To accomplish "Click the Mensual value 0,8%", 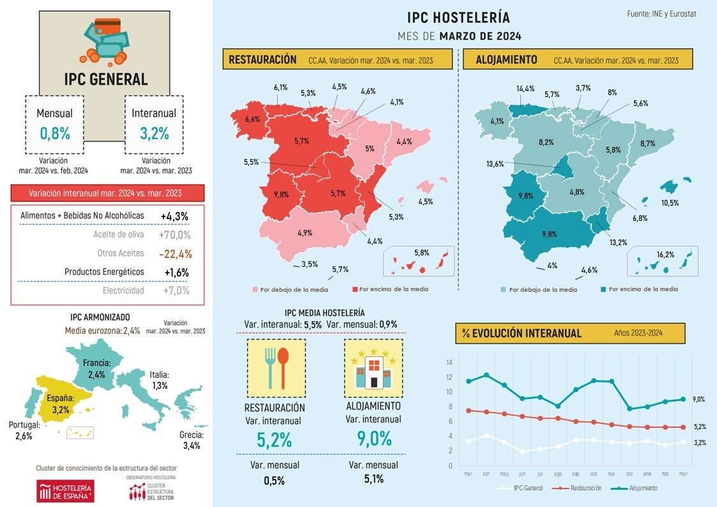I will [x=54, y=133].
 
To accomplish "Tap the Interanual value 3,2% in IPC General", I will [x=154, y=133].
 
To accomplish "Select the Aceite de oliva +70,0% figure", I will [x=176, y=234].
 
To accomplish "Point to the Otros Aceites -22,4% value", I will [x=176, y=253].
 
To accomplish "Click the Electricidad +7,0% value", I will [x=176, y=291].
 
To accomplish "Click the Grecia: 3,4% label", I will [x=190, y=441].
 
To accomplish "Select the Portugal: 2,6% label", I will [x=25, y=431].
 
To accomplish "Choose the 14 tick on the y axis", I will [x=449, y=363].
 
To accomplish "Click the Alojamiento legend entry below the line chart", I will [x=638, y=488].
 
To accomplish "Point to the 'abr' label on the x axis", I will [x=487, y=474].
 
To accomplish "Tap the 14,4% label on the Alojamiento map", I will [x=525, y=89].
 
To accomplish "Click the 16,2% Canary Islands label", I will [x=665, y=254].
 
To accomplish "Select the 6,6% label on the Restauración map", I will [x=253, y=119].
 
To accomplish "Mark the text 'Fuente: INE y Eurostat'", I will [x=661, y=13].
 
